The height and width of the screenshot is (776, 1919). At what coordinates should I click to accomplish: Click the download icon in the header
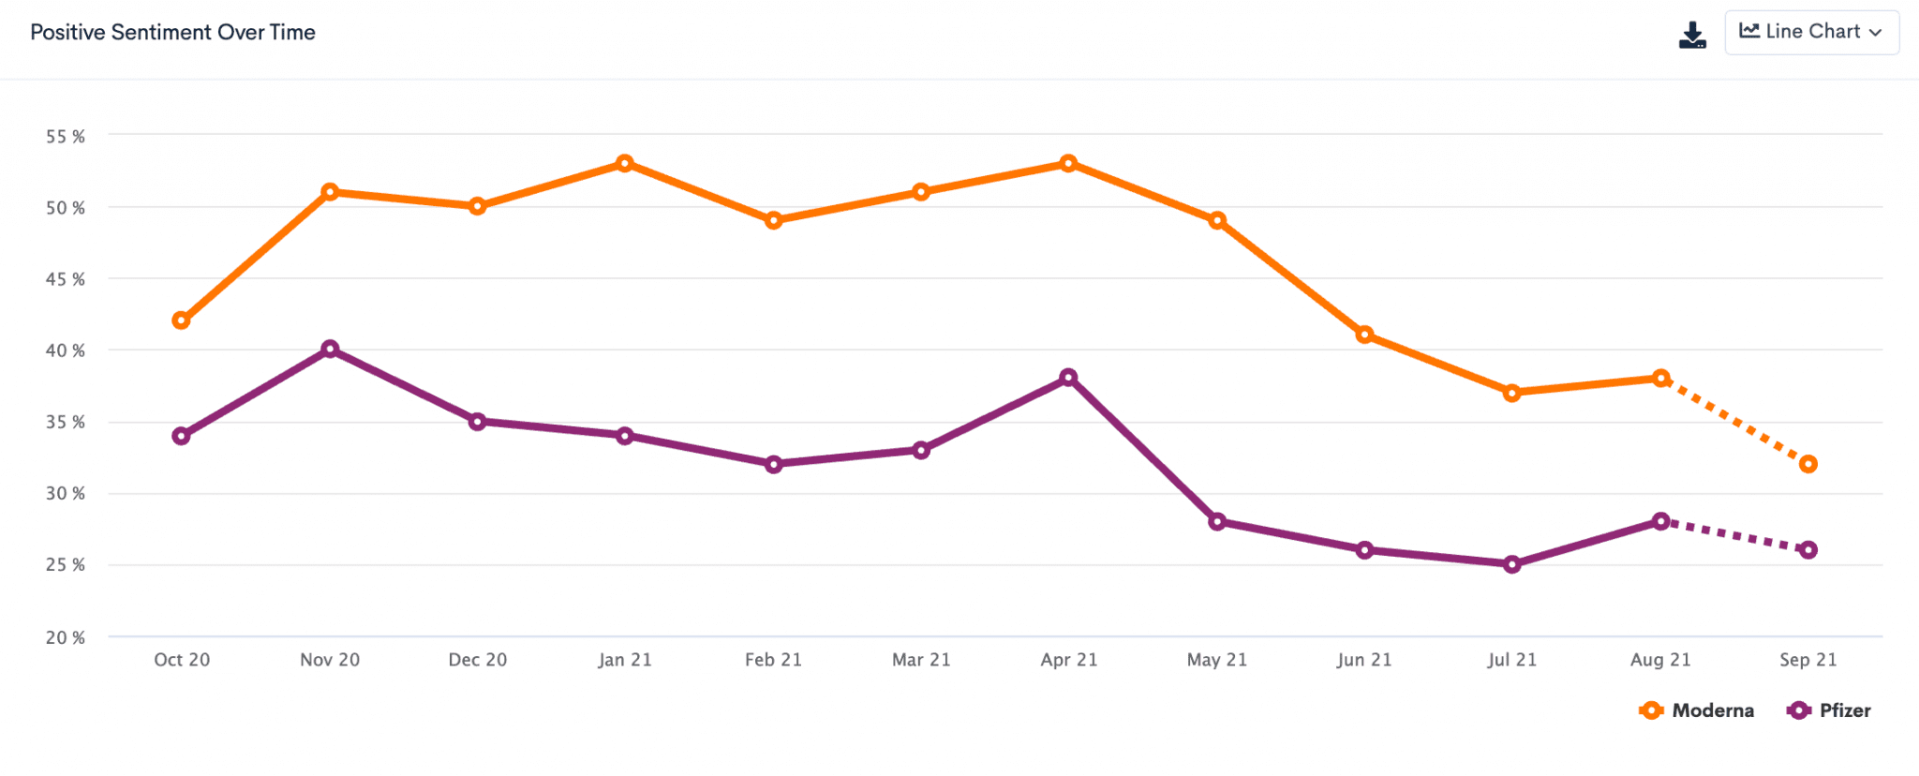[x=1692, y=35]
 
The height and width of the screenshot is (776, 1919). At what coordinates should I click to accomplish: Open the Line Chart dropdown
[x=1811, y=33]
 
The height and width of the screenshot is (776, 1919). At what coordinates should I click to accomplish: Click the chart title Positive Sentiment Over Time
[x=173, y=33]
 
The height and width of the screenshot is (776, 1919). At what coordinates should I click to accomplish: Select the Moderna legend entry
[x=1697, y=710]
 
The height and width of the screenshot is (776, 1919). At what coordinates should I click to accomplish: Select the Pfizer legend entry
[x=1829, y=710]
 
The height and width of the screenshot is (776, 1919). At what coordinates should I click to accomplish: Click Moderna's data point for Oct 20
[x=182, y=321]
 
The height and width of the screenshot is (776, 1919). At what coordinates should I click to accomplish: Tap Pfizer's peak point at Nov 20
[x=330, y=350]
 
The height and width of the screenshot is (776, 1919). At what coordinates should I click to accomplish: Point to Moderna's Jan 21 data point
[x=625, y=164]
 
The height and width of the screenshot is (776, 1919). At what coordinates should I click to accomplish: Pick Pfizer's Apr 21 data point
[x=1068, y=378]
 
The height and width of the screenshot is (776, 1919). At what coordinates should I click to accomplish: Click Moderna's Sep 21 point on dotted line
[x=1808, y=464]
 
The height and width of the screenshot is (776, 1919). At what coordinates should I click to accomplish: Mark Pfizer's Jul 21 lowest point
[x=1511, y=564]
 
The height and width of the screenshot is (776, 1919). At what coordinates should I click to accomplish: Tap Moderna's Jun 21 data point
[x=1364, y=335]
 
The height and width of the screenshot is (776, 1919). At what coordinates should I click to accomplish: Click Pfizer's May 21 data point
[x=1217, y=521]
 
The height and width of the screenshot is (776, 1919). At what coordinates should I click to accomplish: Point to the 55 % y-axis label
[x=66, y=137]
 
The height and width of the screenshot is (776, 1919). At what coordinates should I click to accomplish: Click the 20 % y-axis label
[x=66, y=637]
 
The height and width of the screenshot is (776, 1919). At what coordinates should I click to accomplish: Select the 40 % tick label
[x=66, y=351]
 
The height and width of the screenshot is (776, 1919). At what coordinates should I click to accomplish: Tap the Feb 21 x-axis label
[x=773, y=660]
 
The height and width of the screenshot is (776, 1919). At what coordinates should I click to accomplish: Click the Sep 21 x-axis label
[x=1808, y=660]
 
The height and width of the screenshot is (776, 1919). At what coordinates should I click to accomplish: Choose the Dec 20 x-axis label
[x=478, y=660]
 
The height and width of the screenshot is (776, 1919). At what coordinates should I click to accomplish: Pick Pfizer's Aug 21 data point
[x=1660, y=521]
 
